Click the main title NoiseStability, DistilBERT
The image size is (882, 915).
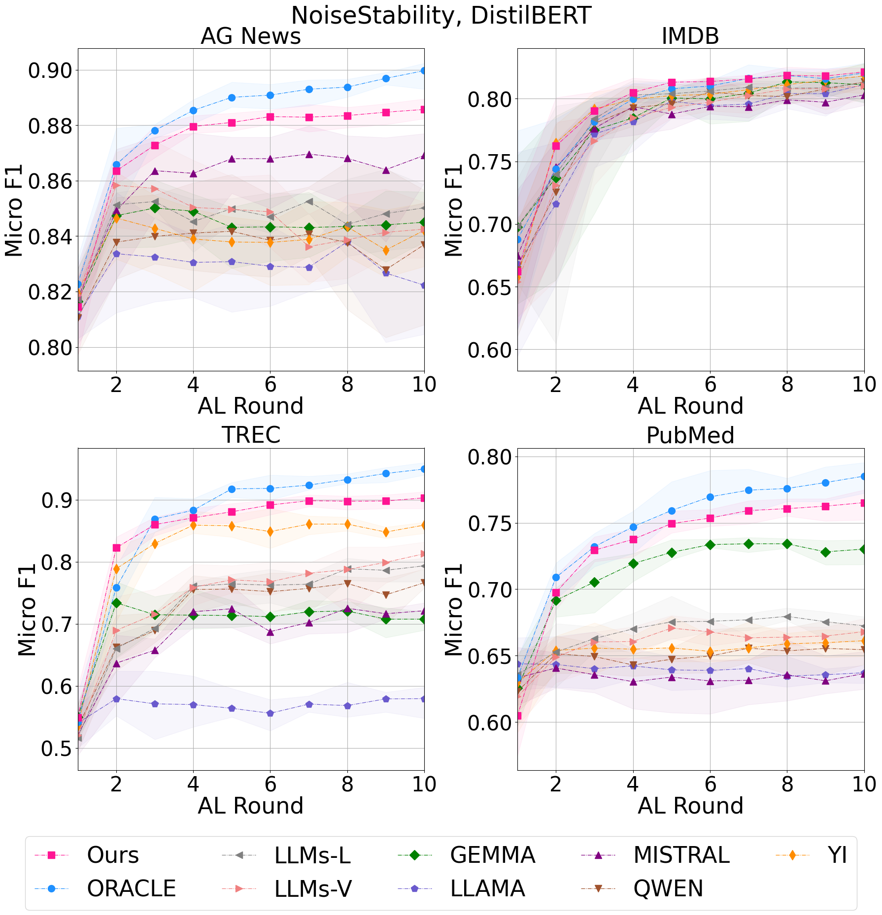[x=441, y=16]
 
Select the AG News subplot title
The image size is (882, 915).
[x=250, y=36]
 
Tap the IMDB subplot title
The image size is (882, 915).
[x=690, y=36]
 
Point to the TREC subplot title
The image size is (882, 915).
[x=250, y=435]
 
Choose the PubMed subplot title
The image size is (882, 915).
[x=690, y=435]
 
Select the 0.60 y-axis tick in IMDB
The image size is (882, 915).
[x=490, y=350]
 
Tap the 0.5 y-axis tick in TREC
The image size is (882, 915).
[x=57, y=749]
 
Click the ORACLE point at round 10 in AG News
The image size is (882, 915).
[x=424, y=70]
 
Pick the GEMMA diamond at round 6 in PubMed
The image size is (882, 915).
[x=710, y=545]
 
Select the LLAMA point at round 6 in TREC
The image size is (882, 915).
[x=270, y=713]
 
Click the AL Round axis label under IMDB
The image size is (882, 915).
[x=690, y=406]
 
